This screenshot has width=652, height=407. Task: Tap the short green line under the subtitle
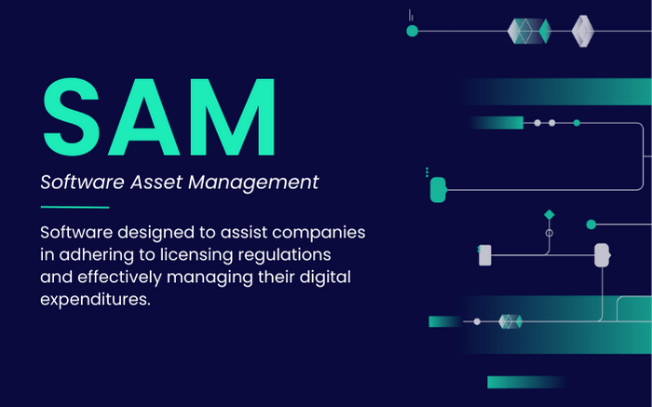tap(75, 207)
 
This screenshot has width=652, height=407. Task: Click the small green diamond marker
tap(549, 215)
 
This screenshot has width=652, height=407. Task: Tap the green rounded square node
tap(438, 189)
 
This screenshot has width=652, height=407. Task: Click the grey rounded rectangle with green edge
tap(484, 254)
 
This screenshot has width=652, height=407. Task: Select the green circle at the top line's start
tap(412, 31)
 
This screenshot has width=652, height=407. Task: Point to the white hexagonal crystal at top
tap(583, 30)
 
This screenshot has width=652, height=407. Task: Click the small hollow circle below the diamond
tap(549, 233)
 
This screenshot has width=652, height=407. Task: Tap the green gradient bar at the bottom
tap(525, 382)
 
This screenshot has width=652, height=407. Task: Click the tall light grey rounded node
tap(601, 254)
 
